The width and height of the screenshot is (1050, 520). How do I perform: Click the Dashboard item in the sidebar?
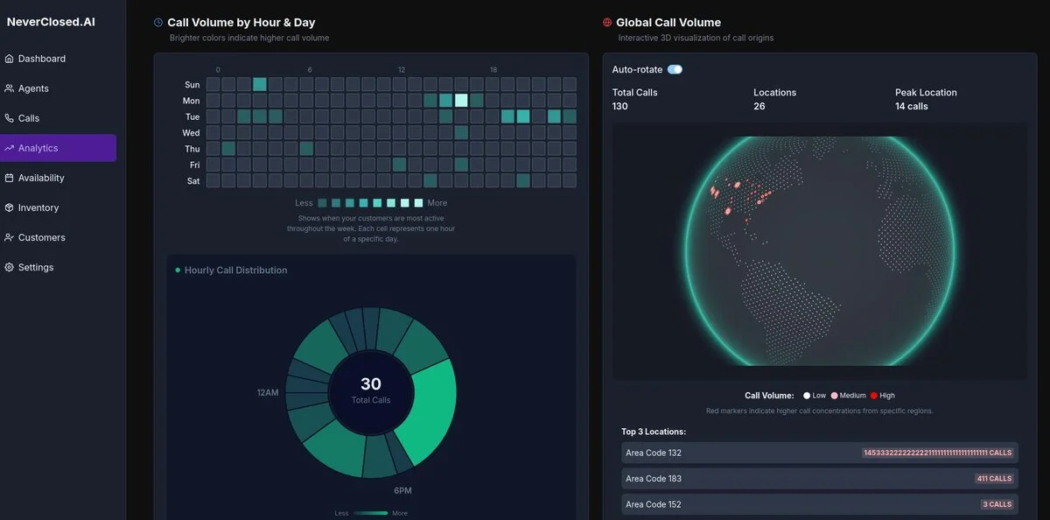click(41, 59)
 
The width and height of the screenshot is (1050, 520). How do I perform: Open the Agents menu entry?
click(33, 88)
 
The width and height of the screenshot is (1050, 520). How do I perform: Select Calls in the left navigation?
click(29, 118)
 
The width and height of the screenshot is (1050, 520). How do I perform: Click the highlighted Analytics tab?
click(38, 148)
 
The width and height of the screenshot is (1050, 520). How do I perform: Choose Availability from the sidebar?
click(41, 178)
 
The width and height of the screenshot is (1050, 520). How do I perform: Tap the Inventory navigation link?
click(38, 207)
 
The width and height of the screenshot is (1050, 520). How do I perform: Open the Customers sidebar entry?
click(41, 237)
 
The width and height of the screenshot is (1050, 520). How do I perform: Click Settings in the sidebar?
click(36, 267)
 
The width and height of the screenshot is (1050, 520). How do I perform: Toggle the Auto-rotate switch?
click(675, 69)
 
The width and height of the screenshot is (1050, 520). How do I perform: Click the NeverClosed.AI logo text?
click(51, 22)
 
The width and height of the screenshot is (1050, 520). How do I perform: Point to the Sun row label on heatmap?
click(192, 85)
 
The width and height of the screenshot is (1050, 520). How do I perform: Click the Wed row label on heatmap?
click(191, 133)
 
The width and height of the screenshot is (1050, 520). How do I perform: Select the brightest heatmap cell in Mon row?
click(461, 101)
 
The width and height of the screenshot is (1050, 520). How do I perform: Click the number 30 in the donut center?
click(371, 383)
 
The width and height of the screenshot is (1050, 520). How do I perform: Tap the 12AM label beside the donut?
click(268, 392)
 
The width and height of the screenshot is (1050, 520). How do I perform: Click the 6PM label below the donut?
click(403, 490)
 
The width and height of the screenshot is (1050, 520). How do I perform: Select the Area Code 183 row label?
click(653, 479)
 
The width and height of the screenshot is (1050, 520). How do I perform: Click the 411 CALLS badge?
click(994, 479)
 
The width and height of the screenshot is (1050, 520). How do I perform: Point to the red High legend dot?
click(873, 396)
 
